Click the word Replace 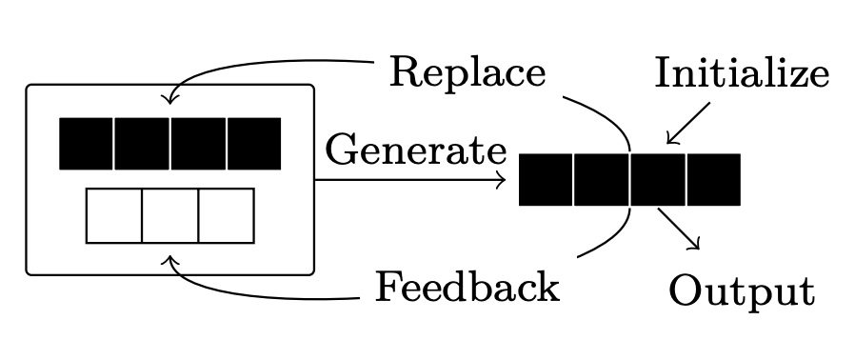[467, 73]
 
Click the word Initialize [741, 73]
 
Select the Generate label [416, 150]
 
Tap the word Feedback [467, 287]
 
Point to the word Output [741, 290]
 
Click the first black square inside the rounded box [87, 144]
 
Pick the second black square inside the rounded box [143, 144]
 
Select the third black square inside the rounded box [198, 144]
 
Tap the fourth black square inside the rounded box [254, 144]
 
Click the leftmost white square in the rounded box [114, 215]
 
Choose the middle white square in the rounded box [170, 215]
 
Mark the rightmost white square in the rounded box [226, 215]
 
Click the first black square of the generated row [546, 179]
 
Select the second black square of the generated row [602, 179]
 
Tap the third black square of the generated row [657, 179]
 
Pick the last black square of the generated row [713, 179]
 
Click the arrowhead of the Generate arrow [501, 180]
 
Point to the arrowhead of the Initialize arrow [670, 140]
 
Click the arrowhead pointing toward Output [696, 246]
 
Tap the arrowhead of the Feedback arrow [170, 259]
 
